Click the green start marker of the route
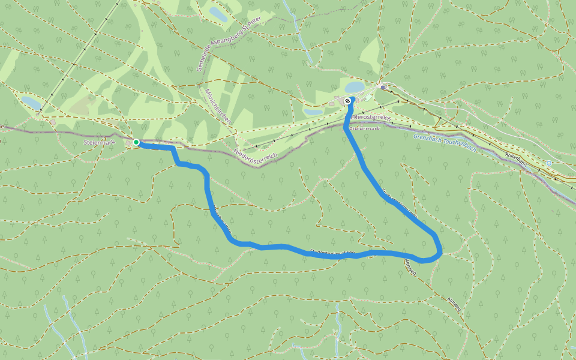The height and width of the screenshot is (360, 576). pyautogui.click(x=136, y=142)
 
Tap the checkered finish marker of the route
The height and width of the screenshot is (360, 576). pyautogui.click(x=348, y=101)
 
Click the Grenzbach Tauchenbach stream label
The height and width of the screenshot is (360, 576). pyautogui.click(x=445, y=143)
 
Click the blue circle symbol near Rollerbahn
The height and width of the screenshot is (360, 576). pyautogui.click(x=549, y=163)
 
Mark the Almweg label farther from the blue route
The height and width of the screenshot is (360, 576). pyautogui.click(x=454, y=304)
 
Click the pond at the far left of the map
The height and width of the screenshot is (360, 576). pyautogui.click(x=31, y=103)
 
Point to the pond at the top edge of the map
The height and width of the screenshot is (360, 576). pyautogui.click(x=218, y=14)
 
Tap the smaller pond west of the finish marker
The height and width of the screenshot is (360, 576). pyautogui.click(x=313, y=112)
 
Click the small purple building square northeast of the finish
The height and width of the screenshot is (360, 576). pyautogui.click(x=383, y=87)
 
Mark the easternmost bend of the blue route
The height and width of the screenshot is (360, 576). pyautogui.click(x=441, y=248)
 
